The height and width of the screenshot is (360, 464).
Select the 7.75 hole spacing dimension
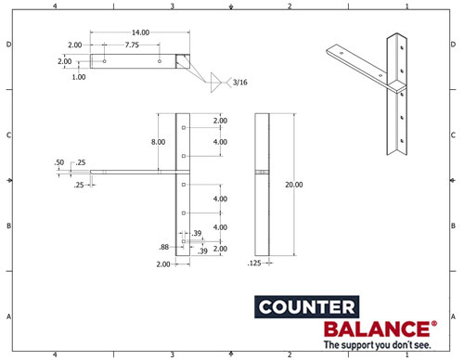click(x=131, y=45)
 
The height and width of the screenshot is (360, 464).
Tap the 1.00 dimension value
click(x=79, y=77)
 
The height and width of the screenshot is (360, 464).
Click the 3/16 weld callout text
click(x=240, y=83)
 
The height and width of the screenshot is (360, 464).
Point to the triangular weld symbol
click(x=219, y=82)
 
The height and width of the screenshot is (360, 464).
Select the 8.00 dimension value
click(x=159, y=142)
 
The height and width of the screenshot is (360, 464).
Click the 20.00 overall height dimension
click(x=294, y=185)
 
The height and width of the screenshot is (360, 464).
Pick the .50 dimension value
click(x=59, y=162)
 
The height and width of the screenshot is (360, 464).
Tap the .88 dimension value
click(x=163, y=247)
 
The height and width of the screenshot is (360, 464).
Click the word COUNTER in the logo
click(x=304, y=308)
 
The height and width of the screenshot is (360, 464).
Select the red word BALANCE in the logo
click(x=375, y=329)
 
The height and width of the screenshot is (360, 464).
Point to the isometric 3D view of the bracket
click(x=380, y=88)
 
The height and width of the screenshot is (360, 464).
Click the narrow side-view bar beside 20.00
click(x=262, y=185)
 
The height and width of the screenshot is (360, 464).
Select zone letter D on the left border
click(x=9, y=45)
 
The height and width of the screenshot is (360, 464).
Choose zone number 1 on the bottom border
click(x=406, y=354)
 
